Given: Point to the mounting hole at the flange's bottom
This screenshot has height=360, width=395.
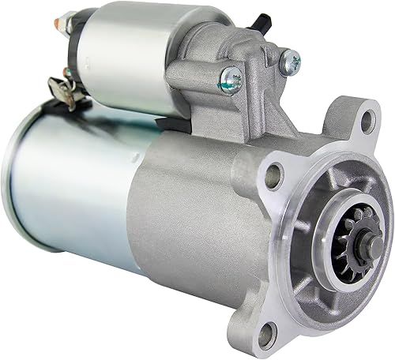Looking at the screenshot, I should click(265, 335).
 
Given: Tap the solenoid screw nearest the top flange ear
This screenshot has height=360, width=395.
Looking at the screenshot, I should click(290, 58).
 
